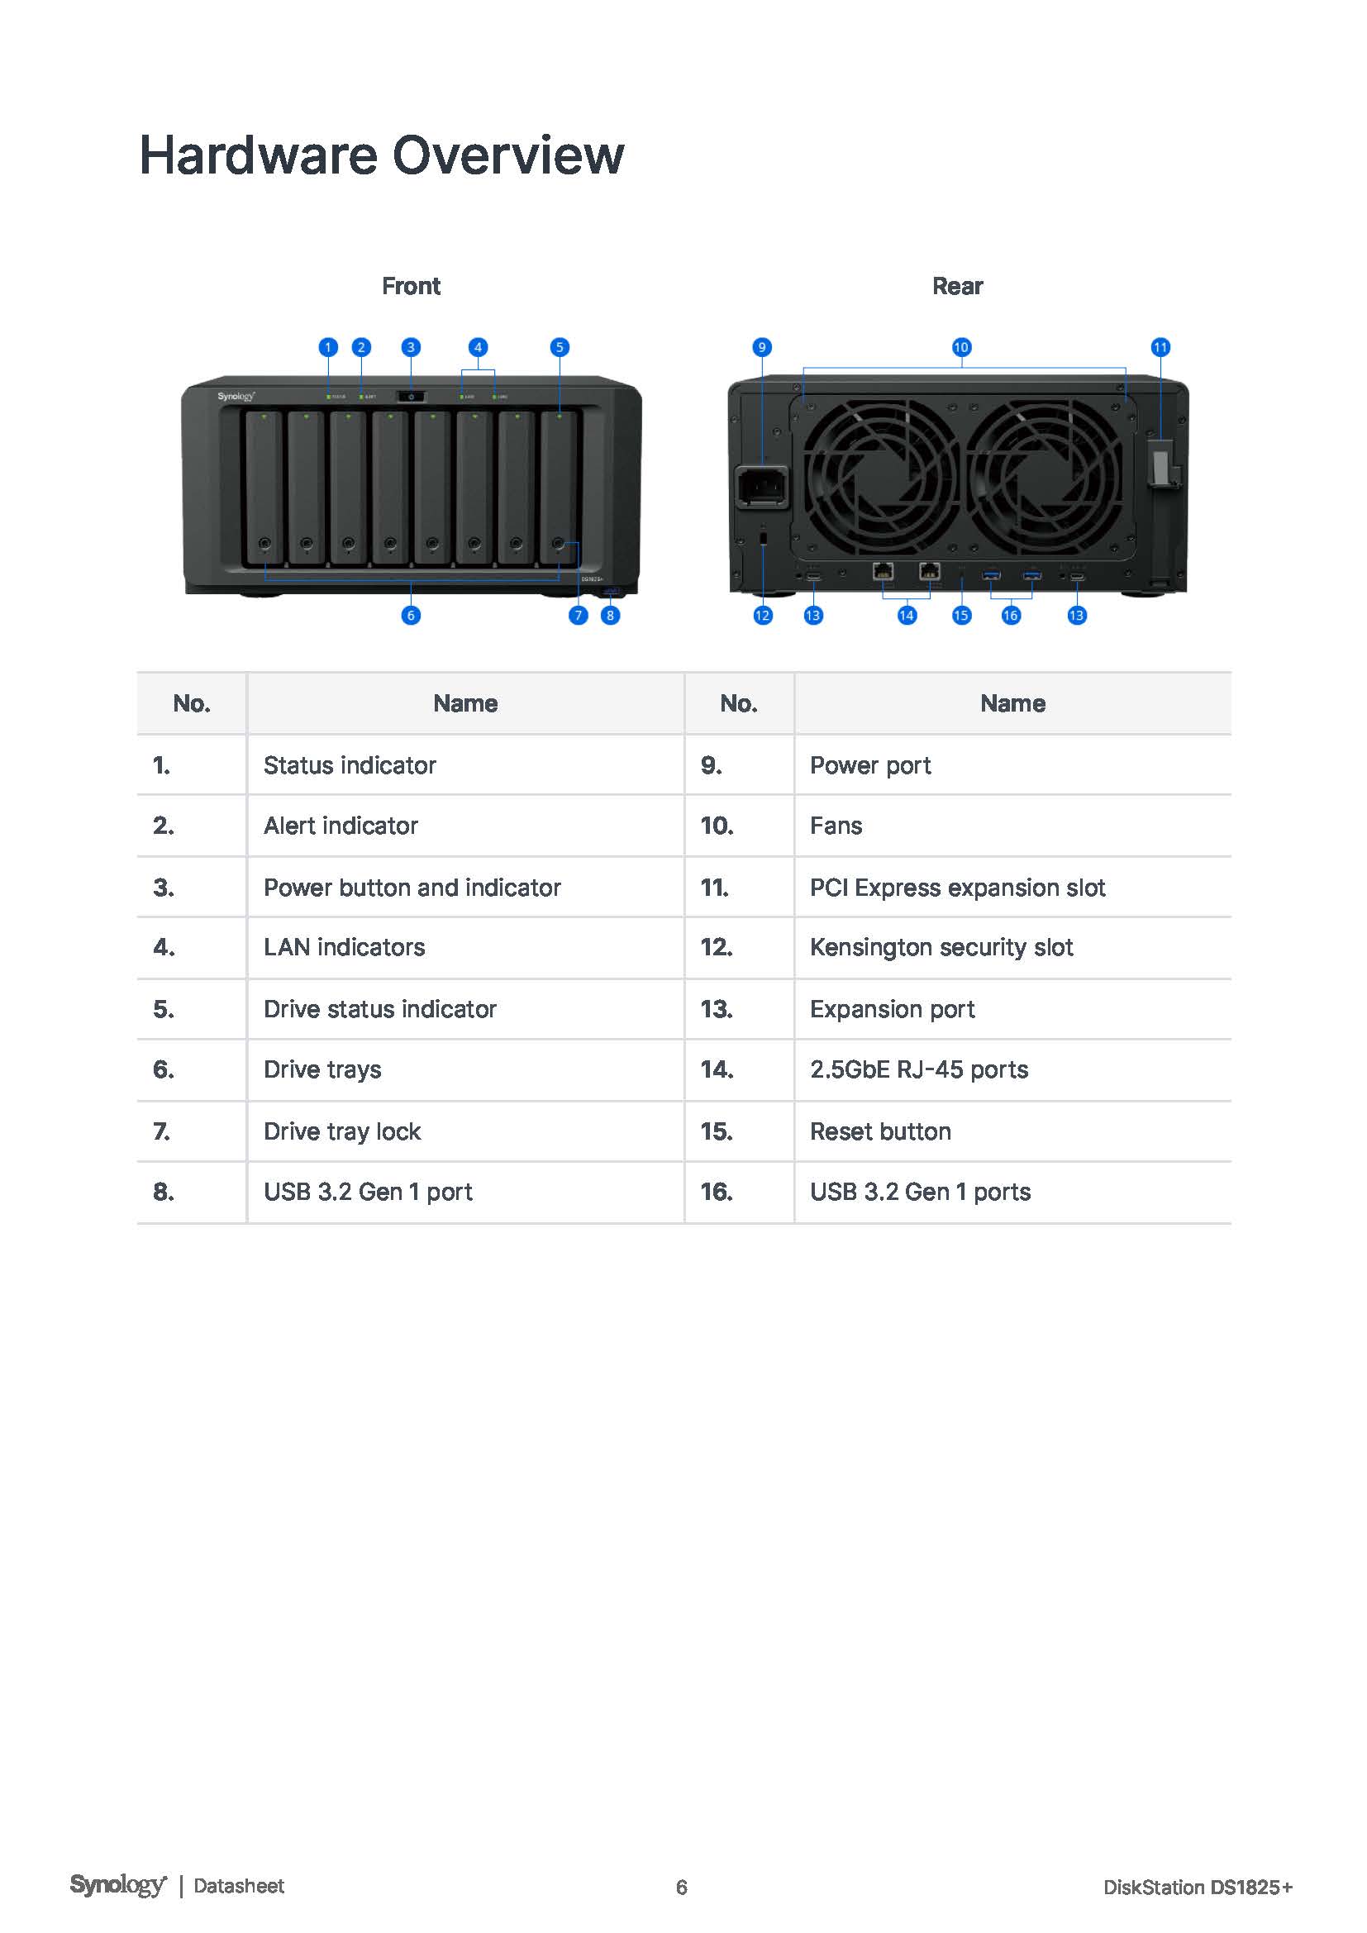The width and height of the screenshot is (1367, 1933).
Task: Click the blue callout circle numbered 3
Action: pyautogui.click(x=411, y=347)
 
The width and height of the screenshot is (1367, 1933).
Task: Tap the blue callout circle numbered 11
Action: pyautogui.click(x=1160, y=347)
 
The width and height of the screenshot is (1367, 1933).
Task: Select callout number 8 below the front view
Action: pyautogui.click(x=610, y=616)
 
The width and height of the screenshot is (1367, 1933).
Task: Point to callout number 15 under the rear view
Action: pyautogui.click(x=961, y=616)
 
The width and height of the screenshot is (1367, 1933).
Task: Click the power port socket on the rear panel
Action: pyautogui.click(x=764, y=487)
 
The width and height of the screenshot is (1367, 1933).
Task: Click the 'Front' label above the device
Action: pyautogui.click(x=411, y=286)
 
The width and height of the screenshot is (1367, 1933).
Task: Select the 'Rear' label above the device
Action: pyautogui.click(x=958, y=286)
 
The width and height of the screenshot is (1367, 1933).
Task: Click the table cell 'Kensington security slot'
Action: pyautogui.click(x=941, y=948)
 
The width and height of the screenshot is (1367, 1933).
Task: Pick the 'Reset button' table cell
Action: pyautogui.click(x=880, y=1131)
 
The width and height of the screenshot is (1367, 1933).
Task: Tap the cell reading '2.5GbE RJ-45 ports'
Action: pyautogui.click(x=919, y=1069)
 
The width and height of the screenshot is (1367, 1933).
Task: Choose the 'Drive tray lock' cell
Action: pyautogui.click(x=342, y=1131)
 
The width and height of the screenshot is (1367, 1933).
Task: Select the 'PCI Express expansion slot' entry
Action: pyautogui.click(x=958, y=888)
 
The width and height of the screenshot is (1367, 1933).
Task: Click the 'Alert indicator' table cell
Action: pyautogui.click(x=341, y=826)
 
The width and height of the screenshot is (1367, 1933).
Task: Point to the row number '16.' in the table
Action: pyautogui.click(x=717, y=1193)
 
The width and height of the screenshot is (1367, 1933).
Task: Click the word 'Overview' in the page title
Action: pyautogui.click(x=508, y=155)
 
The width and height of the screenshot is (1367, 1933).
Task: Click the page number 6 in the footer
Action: pyautogui.click(x=682, y=1888)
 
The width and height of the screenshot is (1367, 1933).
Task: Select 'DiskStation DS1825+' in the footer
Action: pyautogui.click(x=1198, y=1888)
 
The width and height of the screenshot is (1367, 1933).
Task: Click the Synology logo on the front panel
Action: pyautogui.click(x=236, y=397)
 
